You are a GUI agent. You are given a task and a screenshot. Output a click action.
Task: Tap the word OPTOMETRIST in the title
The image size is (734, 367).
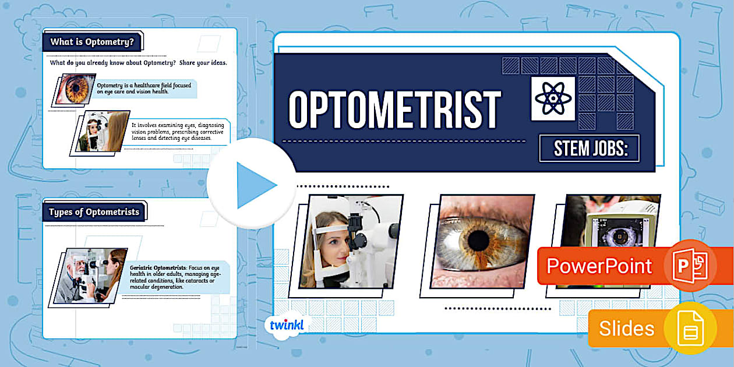pyautogui.click(x=394, y=110)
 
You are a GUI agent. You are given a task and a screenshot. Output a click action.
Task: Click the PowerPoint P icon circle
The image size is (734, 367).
pyautogui.click(x=689, y=264)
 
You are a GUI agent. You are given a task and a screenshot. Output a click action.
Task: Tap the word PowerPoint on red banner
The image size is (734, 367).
pyautogui.click(x=599, y=266)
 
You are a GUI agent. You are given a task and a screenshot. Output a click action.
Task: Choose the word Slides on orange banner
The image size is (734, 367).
pyautogui.click(x=626, y=329)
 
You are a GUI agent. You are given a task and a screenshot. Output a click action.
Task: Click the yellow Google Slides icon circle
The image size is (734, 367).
pyautogui.click(x=690, y=328)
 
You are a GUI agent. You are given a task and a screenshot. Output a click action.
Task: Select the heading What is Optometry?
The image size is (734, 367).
pyautogui.click(x=92, y=42)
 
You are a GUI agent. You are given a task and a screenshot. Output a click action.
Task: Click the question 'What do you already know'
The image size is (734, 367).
pyautogui.click(x=138, y=63)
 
